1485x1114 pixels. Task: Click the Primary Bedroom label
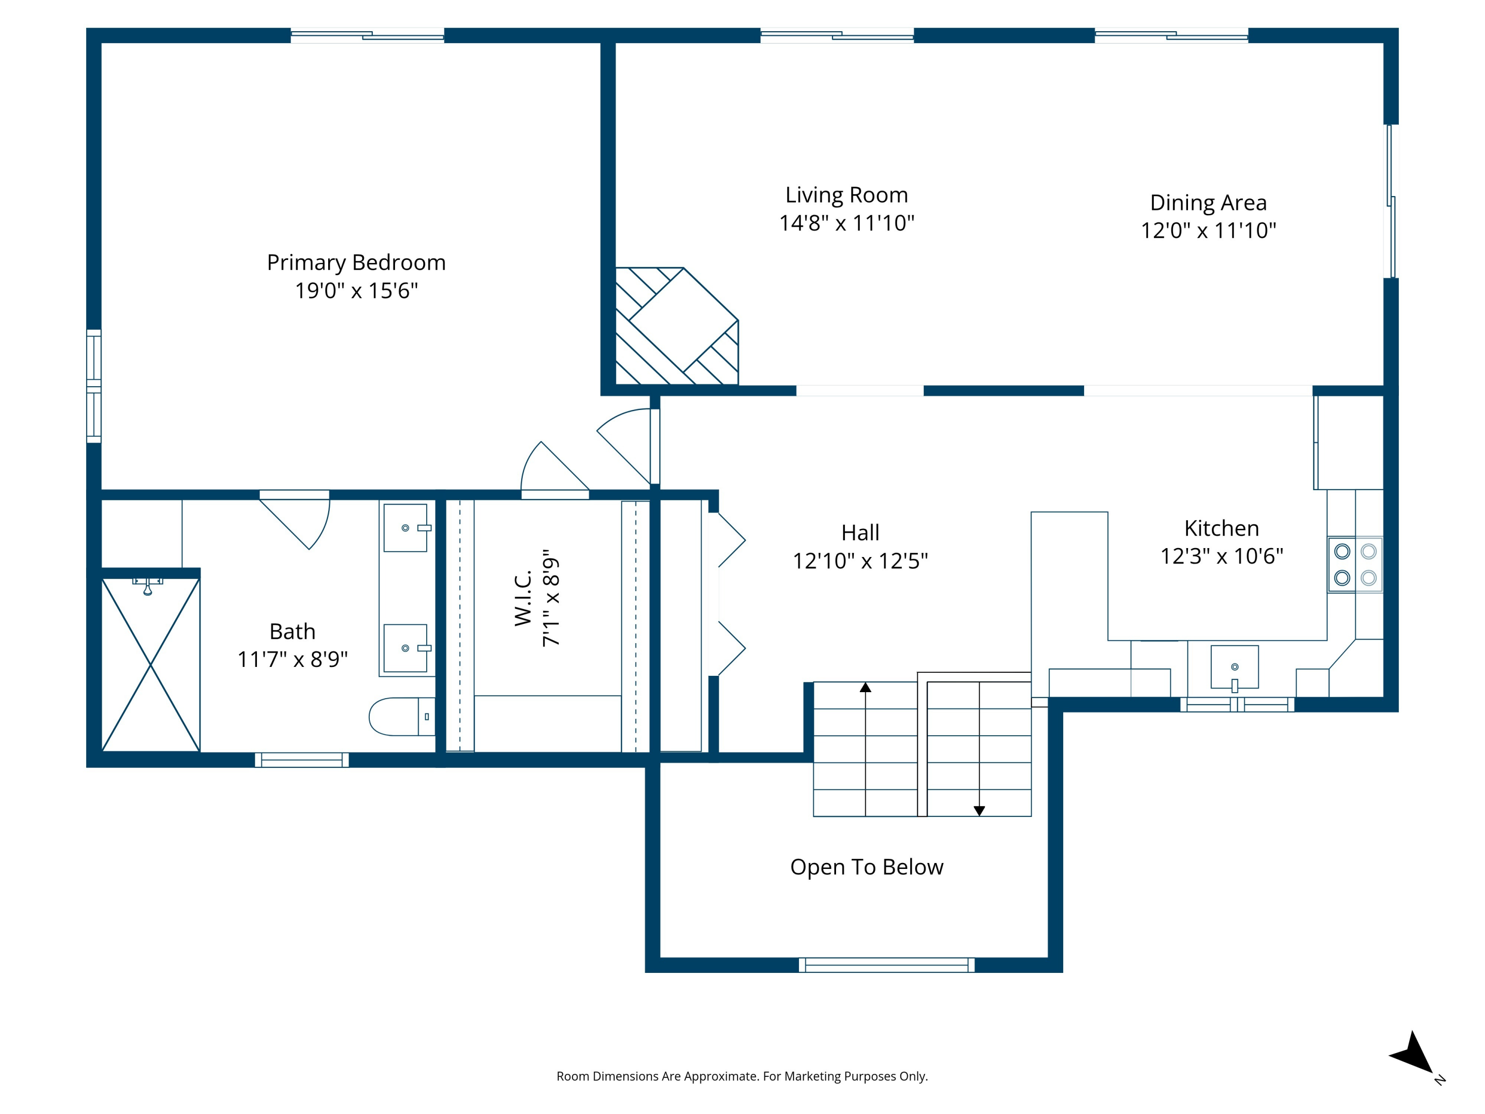click(x=356, y=262)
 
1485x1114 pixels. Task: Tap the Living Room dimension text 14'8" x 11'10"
click(x=846, y=223)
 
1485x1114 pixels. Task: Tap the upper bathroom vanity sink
click(x=405, y=528)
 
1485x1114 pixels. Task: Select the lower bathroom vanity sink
click(x=405, y=648)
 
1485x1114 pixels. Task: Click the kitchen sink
click(x=1234, y=667)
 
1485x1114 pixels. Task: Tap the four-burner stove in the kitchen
click(x=1355, y=565)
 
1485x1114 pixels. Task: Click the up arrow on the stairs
click(x=865, y=688)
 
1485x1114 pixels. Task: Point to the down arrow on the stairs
click(x=979, y=810)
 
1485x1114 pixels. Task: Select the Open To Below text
click(x=866, y=867)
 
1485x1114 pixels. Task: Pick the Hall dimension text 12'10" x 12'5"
click(x=860, y=560)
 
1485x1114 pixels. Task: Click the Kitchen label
click(x=1221, y=528)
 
